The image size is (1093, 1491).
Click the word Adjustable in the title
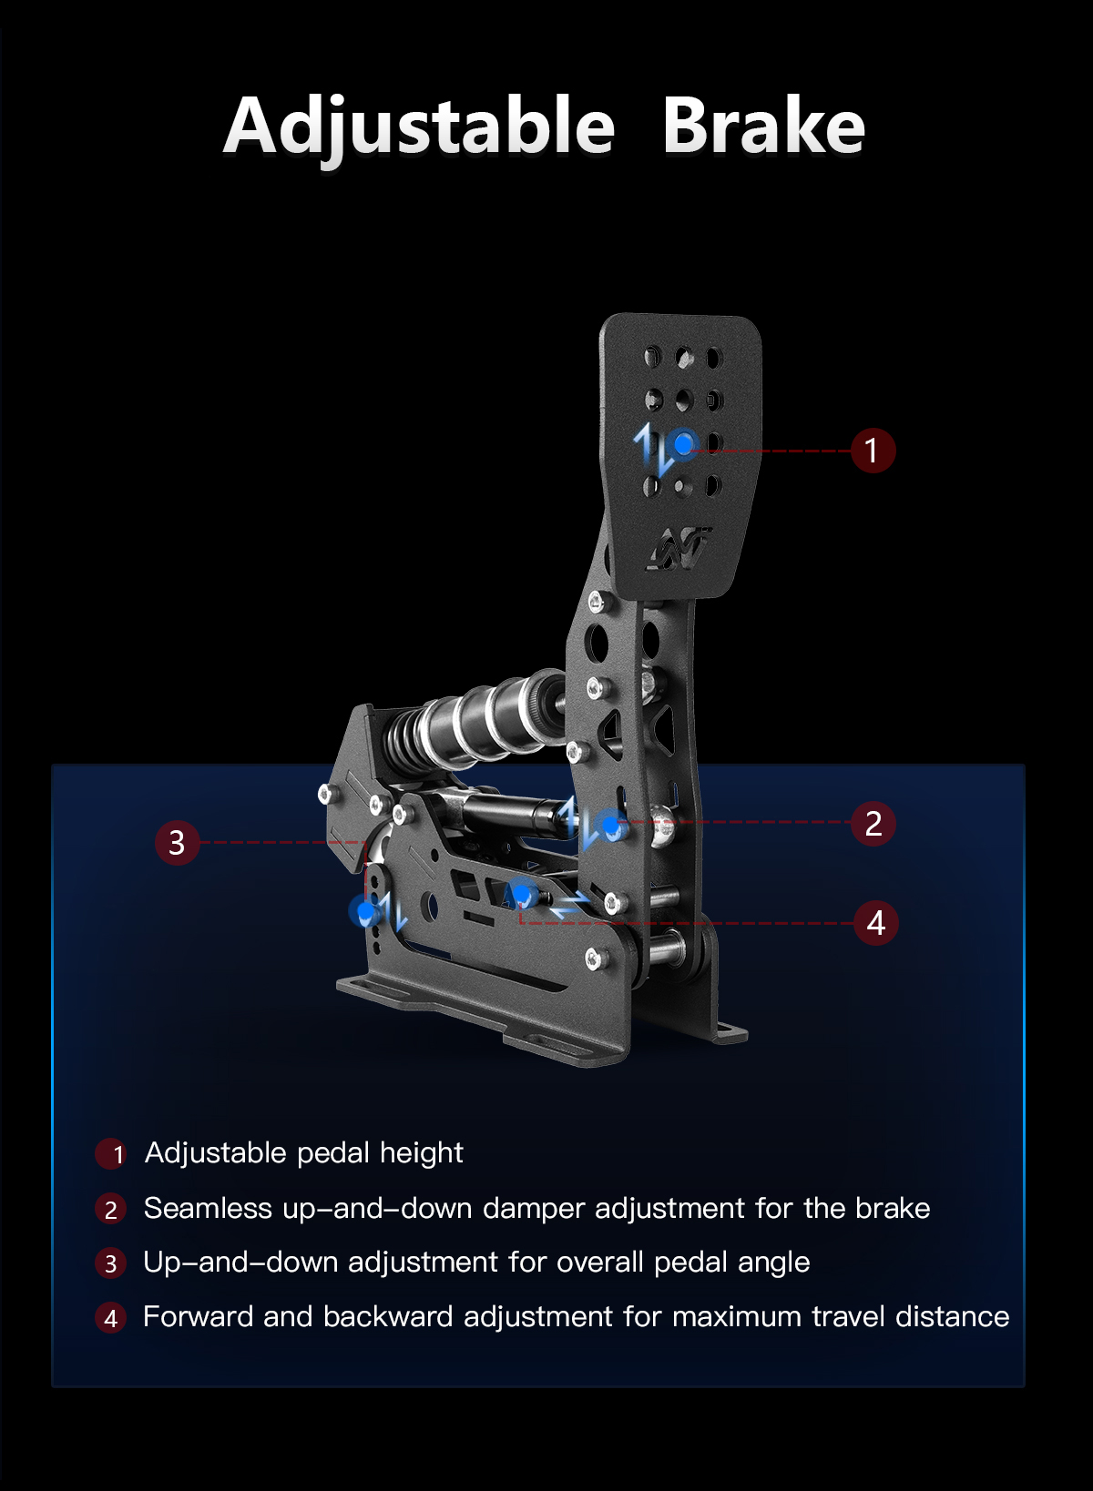419,127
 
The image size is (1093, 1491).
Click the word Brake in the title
764,125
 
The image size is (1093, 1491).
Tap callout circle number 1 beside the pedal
873,451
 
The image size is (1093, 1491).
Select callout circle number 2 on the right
873,824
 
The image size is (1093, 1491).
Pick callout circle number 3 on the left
178,843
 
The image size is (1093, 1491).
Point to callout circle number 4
876,923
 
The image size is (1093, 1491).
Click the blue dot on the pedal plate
683,444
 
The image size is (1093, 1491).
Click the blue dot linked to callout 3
365,909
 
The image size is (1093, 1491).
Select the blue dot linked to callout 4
522,892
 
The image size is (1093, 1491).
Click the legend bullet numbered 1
111,1154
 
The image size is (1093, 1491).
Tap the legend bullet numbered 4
111,1318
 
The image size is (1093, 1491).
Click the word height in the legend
422,1153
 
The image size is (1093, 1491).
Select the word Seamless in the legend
208,1208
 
